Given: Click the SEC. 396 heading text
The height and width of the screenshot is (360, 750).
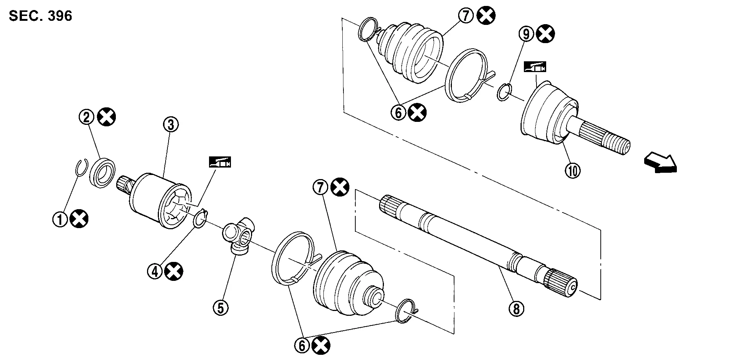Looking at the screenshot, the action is (x=40, y=16).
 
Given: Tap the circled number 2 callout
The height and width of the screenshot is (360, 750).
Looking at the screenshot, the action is (x=87, y=117).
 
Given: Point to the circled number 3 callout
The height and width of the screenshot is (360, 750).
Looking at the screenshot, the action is (x=171, y=125).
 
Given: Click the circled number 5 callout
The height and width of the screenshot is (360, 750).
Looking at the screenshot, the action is (x=221, y=307).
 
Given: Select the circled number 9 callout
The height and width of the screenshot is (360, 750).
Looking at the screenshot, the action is (x=526, y=34).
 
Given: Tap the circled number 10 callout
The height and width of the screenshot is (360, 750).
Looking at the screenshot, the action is (x=573, y=171).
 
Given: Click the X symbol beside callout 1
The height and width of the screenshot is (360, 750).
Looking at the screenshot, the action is (x=79, y=219).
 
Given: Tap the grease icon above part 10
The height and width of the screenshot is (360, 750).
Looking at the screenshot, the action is (x=535, y=67).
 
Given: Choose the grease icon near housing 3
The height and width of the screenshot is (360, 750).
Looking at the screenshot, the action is (x=220, y=162).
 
